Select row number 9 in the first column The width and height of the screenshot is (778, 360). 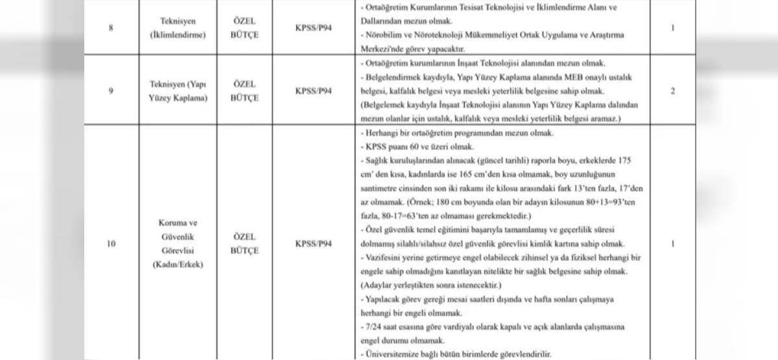pos(112,91)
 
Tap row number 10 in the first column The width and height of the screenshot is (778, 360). pos(112,244)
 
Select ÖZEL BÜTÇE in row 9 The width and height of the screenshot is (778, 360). pos(244,91)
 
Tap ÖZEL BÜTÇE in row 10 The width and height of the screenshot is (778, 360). pos(244,244)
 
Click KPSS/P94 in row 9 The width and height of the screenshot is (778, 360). pos(313,91)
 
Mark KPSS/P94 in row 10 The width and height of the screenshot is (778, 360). pos(313,244)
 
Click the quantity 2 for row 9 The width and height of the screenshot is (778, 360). pos(673,91)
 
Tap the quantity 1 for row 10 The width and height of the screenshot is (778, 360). pos(673,244)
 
